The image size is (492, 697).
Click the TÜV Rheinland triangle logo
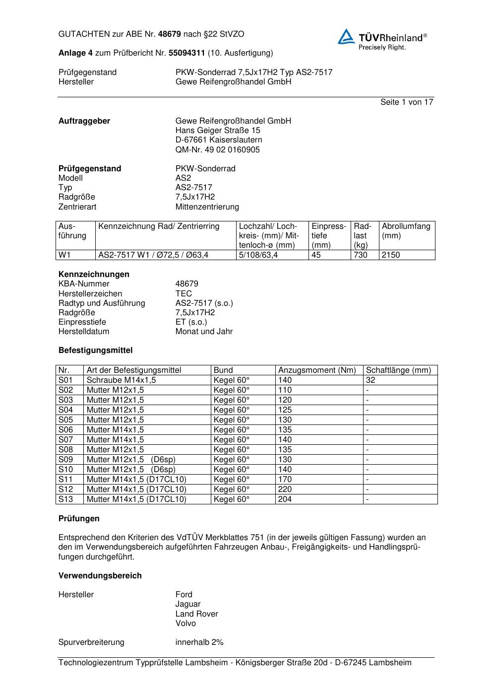click(346, 37)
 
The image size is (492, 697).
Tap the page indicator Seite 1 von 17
click(407, 102)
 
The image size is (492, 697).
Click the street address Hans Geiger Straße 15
click(218, 131)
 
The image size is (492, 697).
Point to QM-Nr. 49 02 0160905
click(217, 149)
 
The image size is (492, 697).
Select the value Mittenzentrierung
click(207, 207)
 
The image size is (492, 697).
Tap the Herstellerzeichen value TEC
click(184, 293)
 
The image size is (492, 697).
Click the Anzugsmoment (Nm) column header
click(317, 370)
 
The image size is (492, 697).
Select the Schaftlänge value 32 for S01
click(370, 380)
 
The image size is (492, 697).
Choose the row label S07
click(65, 439)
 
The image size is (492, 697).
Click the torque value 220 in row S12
click(285, 489)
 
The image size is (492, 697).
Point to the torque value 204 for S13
click(285, 499)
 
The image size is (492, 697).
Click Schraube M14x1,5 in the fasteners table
click(121, 380)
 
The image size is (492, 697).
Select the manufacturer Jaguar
click(188, 604)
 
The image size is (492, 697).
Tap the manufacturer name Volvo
click(185, 623)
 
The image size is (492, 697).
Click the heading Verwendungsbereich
click(100, 575)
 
